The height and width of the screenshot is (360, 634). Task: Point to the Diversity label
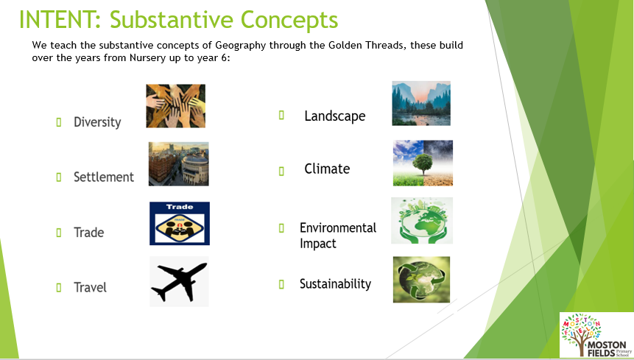97,122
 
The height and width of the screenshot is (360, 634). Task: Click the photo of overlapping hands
175,106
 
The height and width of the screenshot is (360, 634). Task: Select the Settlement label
104,177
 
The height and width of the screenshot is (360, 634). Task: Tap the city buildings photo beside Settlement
179,163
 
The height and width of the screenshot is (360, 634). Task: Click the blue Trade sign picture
180,223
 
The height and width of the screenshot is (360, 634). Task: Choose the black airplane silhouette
179,282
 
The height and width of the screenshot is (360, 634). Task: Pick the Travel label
90,287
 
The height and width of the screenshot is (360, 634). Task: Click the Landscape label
335,116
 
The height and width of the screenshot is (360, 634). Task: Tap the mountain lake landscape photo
421,103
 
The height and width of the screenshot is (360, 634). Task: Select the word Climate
327,169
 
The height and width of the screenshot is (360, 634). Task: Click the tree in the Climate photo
423,163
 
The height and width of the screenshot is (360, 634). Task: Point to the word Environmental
338,228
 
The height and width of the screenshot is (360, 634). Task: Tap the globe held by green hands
422,221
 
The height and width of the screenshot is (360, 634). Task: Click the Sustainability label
335,284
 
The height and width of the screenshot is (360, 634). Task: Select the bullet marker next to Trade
59,233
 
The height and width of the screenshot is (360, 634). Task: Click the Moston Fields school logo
596,335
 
